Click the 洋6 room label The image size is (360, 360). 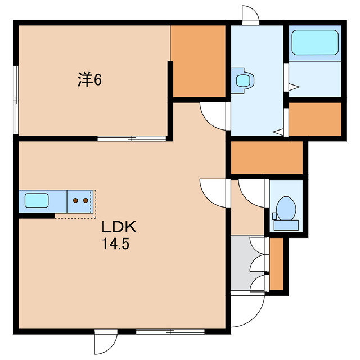pyautogui.click(x=89, y=80)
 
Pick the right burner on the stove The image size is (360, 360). pyautogui.click(x=85, y=200)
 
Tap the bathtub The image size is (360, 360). pyautogui.click(x=314, y=42)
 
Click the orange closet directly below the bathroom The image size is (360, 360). pyautogui.click(x=315, y=119)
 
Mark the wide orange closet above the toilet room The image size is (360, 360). pyautogui.click(x=267, y=157)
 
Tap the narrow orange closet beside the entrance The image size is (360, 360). pyautogui.click(x=276, y=264)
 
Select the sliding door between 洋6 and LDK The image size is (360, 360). pyautogui.click(x=132, y=138)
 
